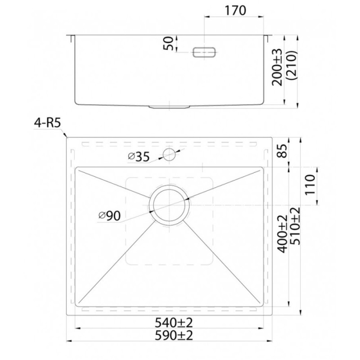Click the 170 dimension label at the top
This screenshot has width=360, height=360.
pos(235,10)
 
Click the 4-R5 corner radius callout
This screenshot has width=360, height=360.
pos(47,123)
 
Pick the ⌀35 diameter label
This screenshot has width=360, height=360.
pos(139,157)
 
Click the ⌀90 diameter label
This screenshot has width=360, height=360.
pos(109,216)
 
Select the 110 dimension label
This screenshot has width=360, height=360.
pos(310,184)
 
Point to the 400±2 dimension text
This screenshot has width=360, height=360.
pos(283,234)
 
